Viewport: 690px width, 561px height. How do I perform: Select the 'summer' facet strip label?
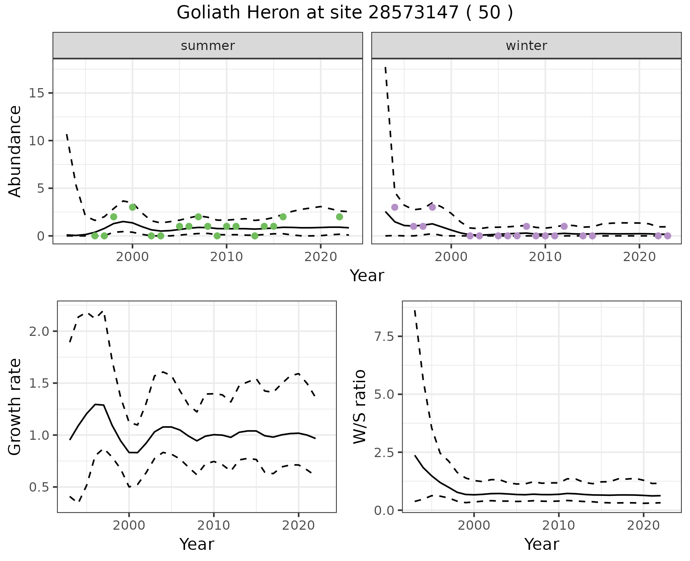[208, 46]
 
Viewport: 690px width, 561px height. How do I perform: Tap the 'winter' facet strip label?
[526, 46]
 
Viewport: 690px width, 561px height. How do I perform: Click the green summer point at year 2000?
[132, 207]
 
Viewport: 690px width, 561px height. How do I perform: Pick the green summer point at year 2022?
[339, 217]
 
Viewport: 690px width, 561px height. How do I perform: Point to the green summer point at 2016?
[283, 217]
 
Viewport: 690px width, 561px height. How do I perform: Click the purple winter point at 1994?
[395, 207]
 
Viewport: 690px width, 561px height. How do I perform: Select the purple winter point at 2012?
[564, 226]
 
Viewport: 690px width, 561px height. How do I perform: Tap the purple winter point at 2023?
[667, 236]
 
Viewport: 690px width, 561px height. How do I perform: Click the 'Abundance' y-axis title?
[15, 151]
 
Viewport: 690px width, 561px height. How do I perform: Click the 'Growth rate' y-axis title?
[15, 407]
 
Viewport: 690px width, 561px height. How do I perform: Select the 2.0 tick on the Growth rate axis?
[39, 331]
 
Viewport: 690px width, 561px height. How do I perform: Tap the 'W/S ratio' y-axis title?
[360, 407]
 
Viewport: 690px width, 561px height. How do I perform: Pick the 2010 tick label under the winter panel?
[545, 257]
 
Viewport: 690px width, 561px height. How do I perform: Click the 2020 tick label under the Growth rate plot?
[298, 525]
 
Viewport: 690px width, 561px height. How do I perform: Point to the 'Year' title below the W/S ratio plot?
[542, 544]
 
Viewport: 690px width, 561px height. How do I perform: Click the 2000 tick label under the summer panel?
[132, 257]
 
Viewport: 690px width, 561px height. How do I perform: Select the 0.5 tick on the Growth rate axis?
[39, 487]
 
